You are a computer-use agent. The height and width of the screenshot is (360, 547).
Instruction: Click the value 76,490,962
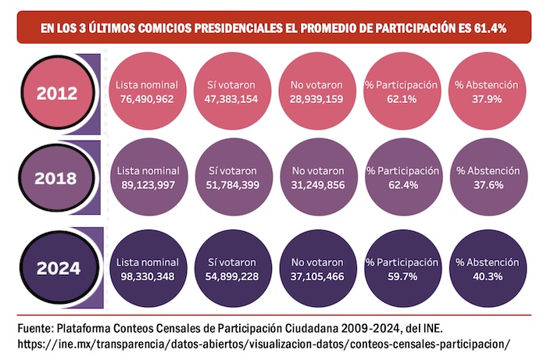pyautogui.click(x=147, y=100)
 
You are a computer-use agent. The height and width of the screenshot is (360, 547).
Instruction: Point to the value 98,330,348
pyautogui.click(x=147, y=276)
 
